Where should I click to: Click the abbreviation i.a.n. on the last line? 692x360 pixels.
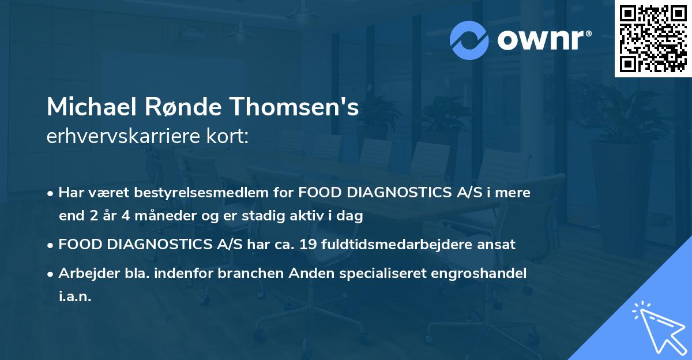pos(75,297)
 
